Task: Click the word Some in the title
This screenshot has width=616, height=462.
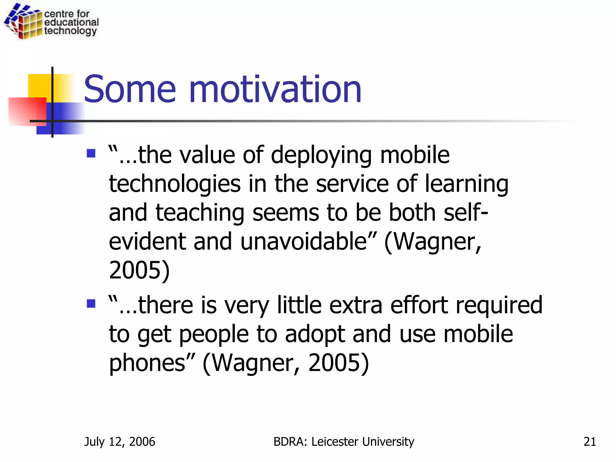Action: pyautogui.click(x=130, y=89)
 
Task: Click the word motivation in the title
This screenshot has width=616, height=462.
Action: pyautogui.click(x=275, y=89)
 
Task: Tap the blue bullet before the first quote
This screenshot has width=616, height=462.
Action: pyautogui.click(x=91, y=154)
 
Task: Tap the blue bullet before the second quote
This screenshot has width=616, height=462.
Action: pyautogui.click(x=91, y=303)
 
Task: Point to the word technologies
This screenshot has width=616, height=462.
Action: pyautogui.click(x=175, y=184)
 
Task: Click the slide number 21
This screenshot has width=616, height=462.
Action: pyautogui.click(x=590, y=442)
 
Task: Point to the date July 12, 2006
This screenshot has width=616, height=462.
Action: pyautogui.click(x=120, y=442)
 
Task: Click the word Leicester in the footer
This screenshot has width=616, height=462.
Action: pyautogui.click(x=334, y=442)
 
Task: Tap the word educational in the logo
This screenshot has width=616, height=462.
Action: pyautogui.click(x=71, y=22)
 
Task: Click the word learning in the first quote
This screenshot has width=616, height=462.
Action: pyautogui.click(x=466, y=184)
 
